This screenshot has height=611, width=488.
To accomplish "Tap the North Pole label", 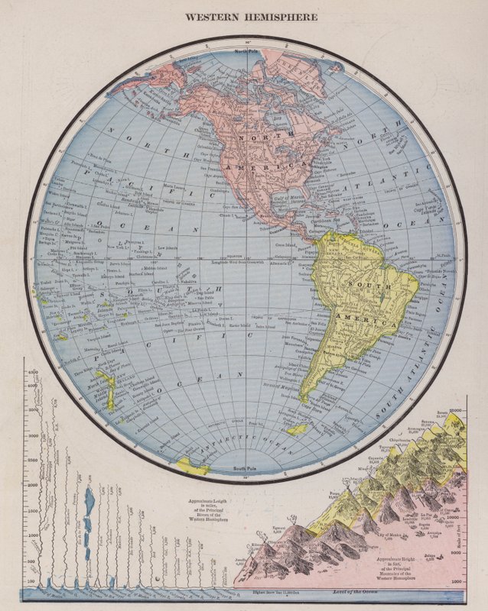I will pyautogui.click(x=246, y=50).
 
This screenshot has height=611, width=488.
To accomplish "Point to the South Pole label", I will pyautogui.click(x=246, y=468).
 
